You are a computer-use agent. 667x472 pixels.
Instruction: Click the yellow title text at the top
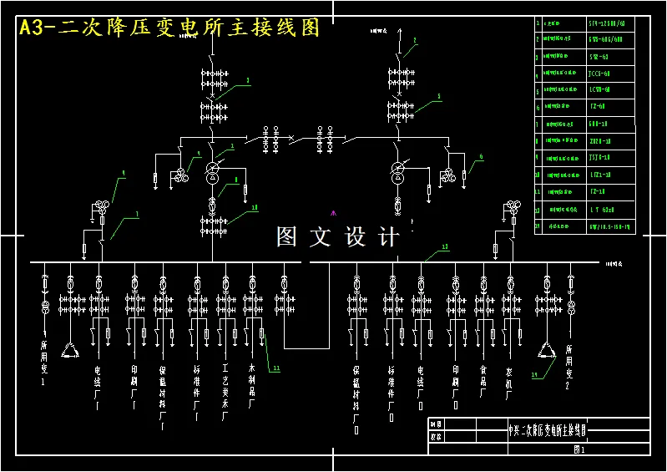169,28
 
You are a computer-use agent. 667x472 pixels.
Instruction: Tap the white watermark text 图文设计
338,236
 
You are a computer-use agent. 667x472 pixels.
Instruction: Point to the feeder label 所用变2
569,368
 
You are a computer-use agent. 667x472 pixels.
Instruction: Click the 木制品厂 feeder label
251,385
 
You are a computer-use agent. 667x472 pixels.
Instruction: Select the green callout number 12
445,247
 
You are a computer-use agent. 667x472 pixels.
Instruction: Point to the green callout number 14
535,375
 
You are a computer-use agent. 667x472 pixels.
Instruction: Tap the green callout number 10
254,207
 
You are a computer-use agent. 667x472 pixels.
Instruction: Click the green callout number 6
481,156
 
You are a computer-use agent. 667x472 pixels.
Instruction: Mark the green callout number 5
439,97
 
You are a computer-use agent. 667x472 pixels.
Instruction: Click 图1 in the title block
579,449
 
